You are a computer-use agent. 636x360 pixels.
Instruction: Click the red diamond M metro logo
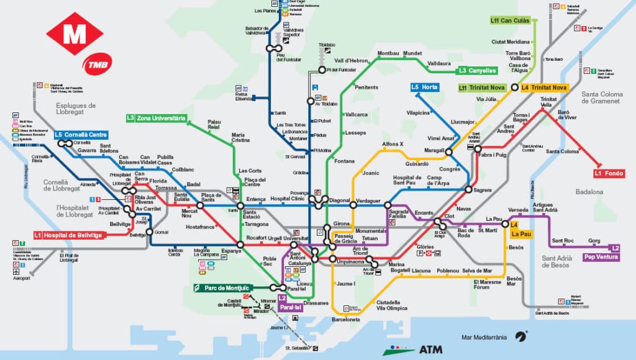pyautogui.click(x=75, y=34)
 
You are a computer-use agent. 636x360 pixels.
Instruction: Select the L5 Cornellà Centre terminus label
pyautogui.click(x=81, y=135)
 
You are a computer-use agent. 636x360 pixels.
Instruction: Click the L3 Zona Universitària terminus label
pyautogui.click(x=156, y=118)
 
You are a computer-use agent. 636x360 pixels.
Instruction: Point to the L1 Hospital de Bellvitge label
pyautogui.click(x=68, y=235)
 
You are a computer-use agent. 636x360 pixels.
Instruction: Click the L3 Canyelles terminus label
pyautogui.click(x=478, y=70)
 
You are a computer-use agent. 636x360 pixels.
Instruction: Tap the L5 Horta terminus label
pyautogui.click(x=425, y=88)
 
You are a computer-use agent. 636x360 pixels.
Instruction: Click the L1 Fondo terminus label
pyautogui.click(x=609, y=173)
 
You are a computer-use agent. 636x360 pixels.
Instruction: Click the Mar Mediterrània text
pyautogui.click(x=484, y=338)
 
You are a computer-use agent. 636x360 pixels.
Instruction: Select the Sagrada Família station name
pyautogui.click(x=398, y=215)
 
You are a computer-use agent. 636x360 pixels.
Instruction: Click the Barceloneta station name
pyautogui.click(x=346, y=320)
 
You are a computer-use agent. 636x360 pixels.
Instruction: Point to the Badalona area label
pyautogui.click(x=588, y=192)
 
